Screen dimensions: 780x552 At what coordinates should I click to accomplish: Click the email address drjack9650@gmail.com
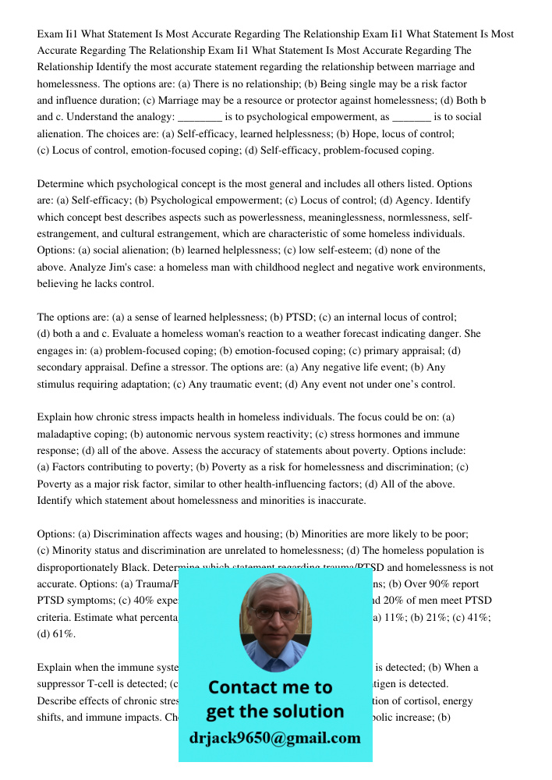(x=274, y=738)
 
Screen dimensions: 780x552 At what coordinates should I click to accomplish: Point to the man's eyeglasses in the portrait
(x=274, y=613)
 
